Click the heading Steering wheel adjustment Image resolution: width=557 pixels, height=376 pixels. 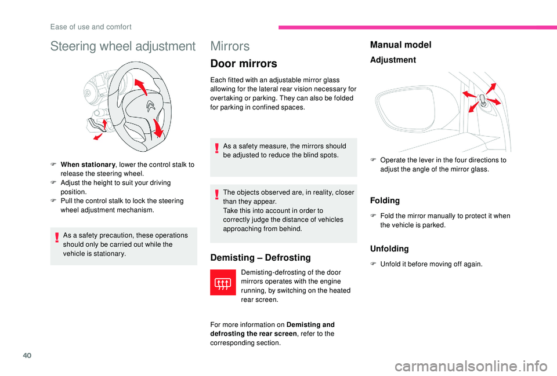(x=123, y=46)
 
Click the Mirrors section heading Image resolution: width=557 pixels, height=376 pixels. (x=230, y=46)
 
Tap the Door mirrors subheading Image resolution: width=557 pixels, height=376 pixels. (x=244, y=64)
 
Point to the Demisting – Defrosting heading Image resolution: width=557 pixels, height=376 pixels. (x=261, y=257)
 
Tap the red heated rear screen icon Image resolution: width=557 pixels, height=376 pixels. (x=223, y=284)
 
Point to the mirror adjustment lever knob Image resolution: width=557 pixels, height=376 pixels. (x=483, y=101)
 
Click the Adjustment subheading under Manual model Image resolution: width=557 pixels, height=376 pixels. (x=393, y=60)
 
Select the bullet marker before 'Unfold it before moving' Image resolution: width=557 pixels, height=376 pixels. (x=374, y=264)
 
